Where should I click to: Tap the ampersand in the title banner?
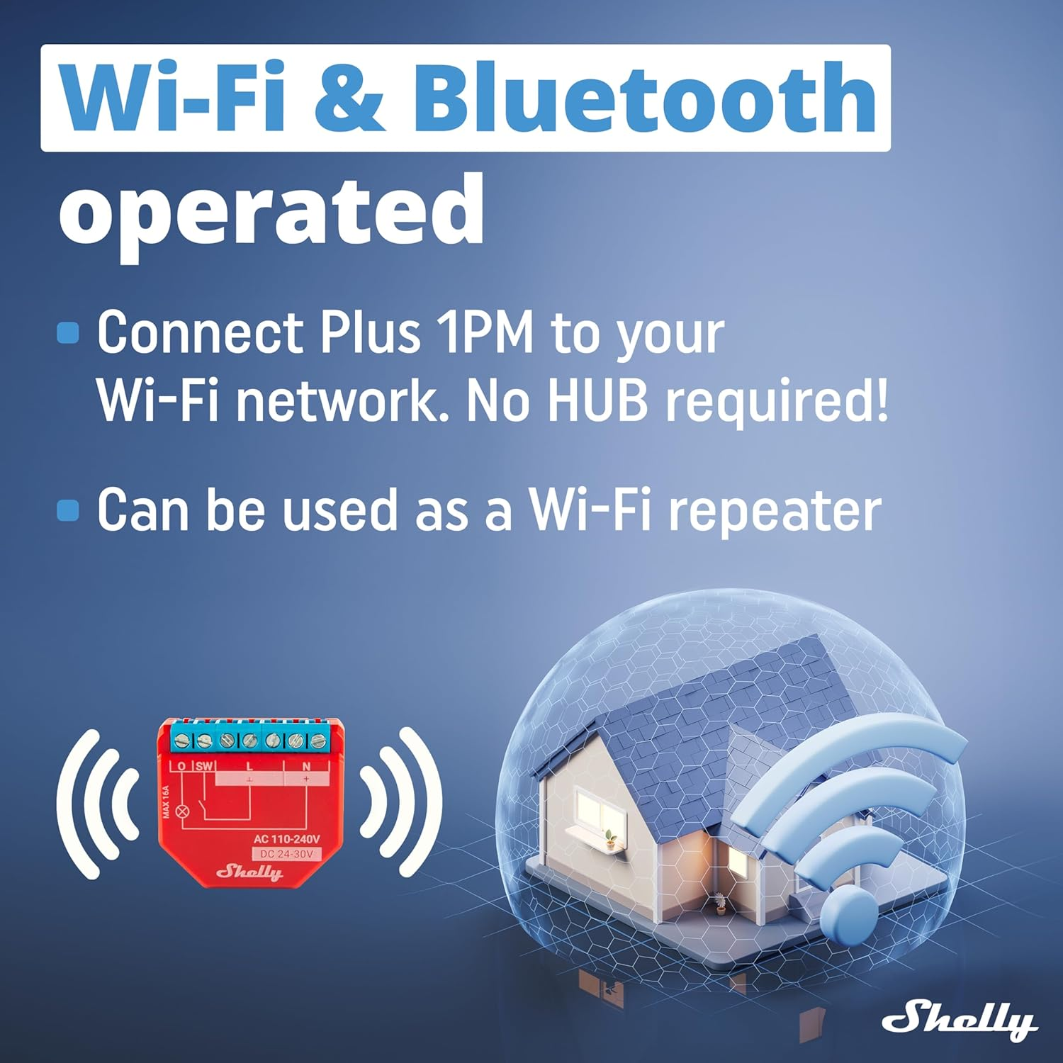click(x=349, y=99)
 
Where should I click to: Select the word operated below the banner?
click(x=271, y=211)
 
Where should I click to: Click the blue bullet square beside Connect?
click(x=68, y=332)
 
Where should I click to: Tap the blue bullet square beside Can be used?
click(x=68, y=510)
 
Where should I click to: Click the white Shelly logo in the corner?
click(x=960, y=1020)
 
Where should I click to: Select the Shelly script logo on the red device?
click(x=249, y=872)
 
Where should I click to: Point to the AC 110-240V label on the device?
click(x=286, y=839)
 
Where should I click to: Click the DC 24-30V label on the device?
click(x=286, y=854)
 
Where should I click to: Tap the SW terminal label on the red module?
click(x=204, y=766)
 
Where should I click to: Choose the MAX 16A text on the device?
click(x=167, y=802)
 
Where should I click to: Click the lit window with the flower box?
click(x=594, y=809)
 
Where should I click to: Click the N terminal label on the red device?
click(x=306, y=766)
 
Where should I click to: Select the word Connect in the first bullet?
click(x=201, y=332)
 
